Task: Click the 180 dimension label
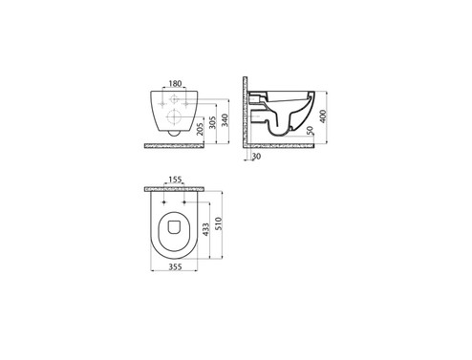(x=175, y=83)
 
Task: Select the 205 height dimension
(x=200, y=130)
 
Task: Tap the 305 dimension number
(x=213, y=122)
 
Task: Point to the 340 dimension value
(x=225, y=120)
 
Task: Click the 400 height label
(x=323, y=116)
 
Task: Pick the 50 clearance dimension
(x=311, y=130)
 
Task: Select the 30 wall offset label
(x=256, y=157)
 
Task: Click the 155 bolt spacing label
(x=175, y=180)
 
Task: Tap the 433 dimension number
(x=205, y=229)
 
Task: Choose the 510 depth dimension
(x=219, y=223)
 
